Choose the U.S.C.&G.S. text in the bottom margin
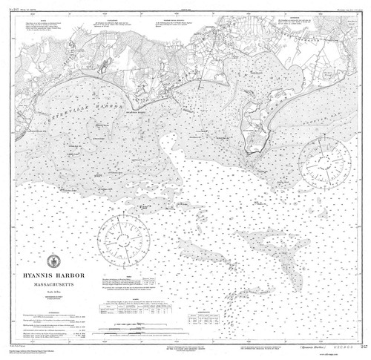click(x=336, y=347)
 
